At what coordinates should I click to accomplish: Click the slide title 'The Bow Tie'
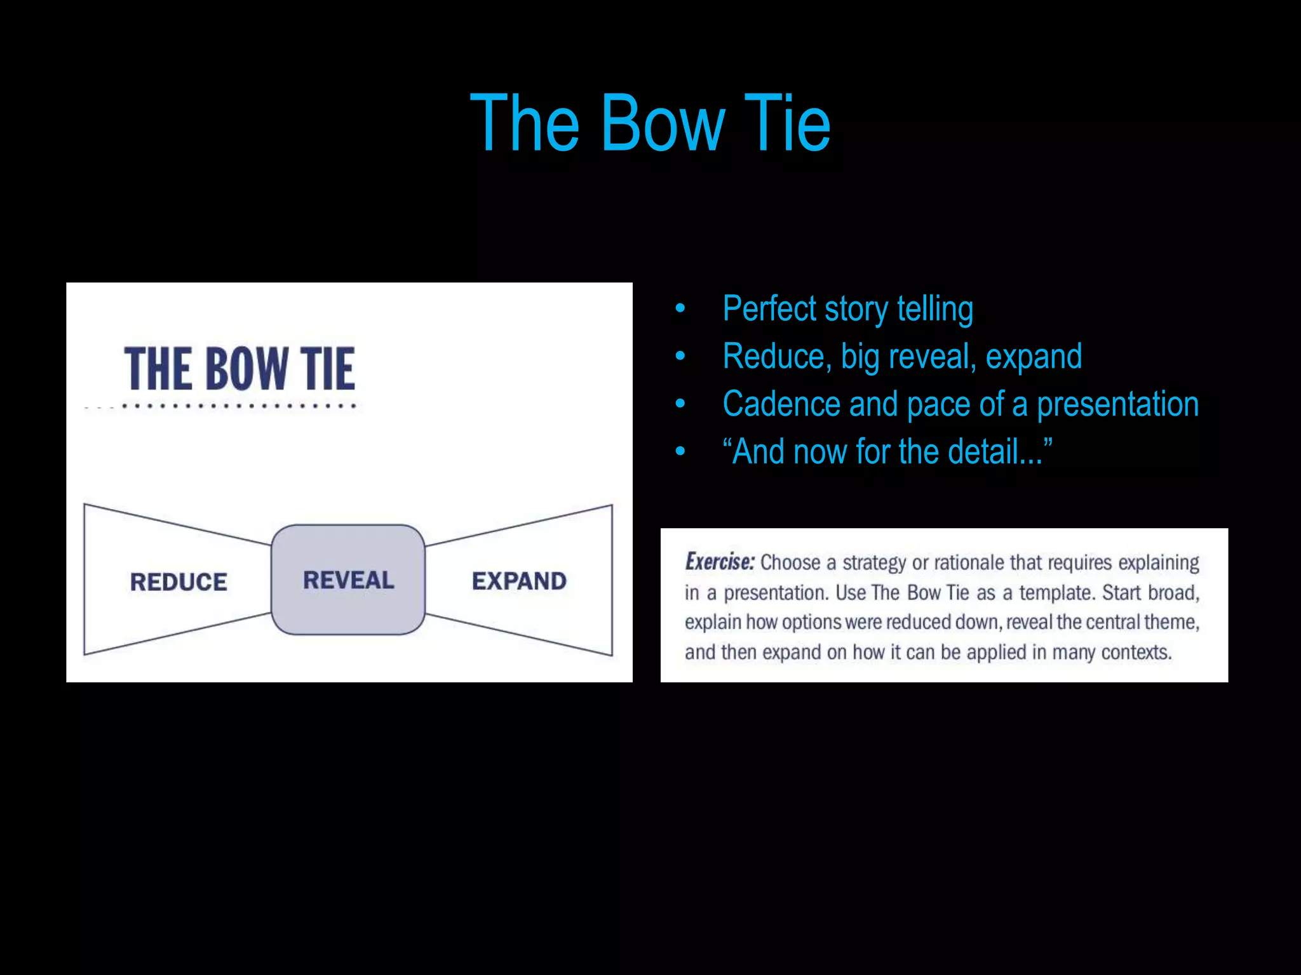point(650,123)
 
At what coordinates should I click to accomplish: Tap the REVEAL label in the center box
point(348,580)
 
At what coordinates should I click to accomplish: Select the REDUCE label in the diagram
point(179,582)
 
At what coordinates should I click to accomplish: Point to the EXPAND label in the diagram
point(519,581)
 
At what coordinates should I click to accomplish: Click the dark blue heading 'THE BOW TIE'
point(239,369)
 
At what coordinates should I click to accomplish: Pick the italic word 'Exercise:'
point(719,562)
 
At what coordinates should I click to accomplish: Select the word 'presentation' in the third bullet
point(1117,404)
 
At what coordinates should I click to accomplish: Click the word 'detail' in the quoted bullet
point(983,452)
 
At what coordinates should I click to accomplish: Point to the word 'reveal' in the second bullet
point(931,357)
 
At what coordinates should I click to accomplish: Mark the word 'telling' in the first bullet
point(934,309)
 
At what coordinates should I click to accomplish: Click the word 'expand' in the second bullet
point(1034,357)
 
